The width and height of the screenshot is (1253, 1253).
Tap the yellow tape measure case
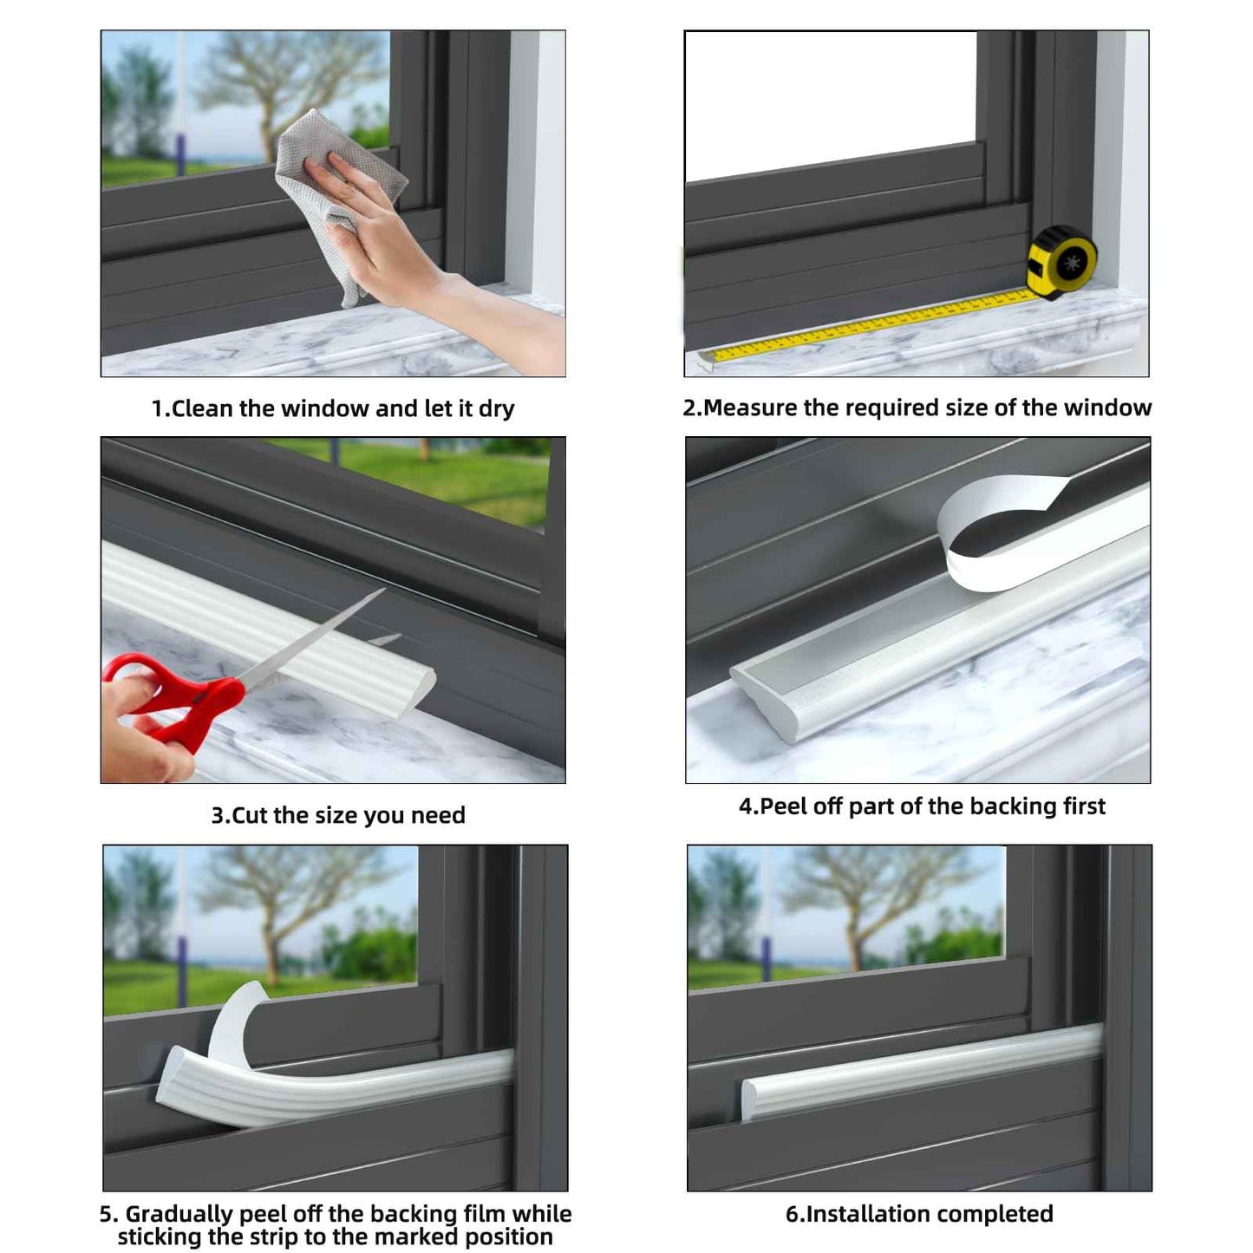[x=1061, y=262]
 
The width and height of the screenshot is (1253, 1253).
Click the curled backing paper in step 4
[x=997, y=529]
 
